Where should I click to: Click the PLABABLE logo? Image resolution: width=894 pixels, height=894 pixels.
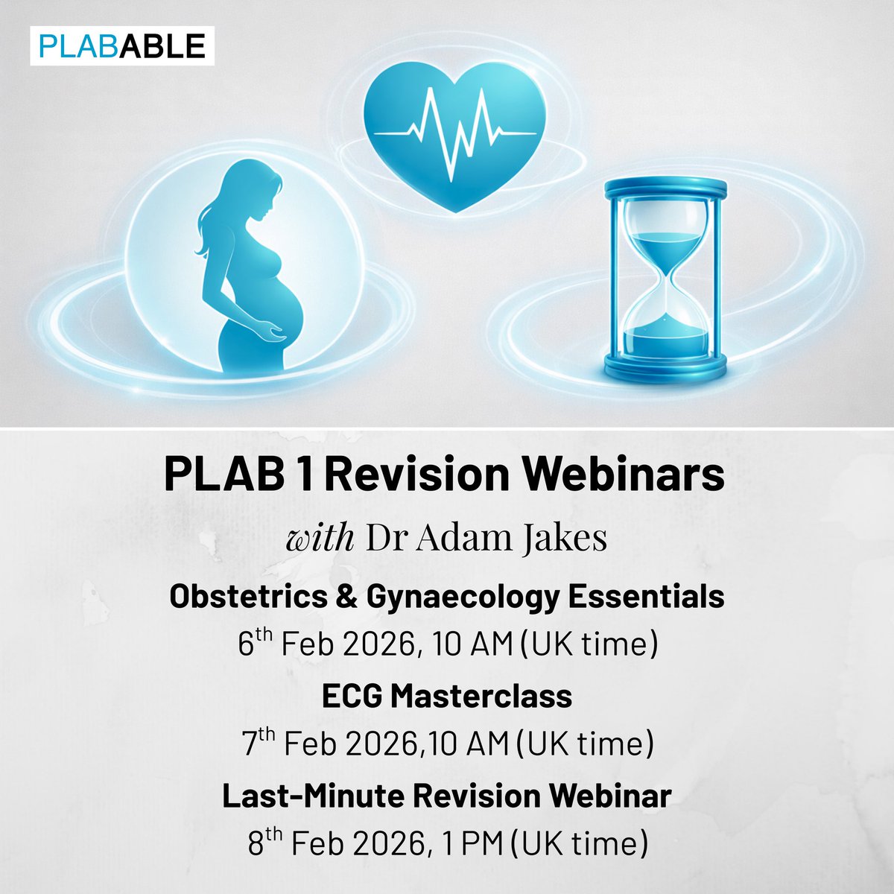(121, 46)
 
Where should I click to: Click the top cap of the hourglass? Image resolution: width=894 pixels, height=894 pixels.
(665, 187)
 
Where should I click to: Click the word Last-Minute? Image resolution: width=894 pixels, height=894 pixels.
(312, 796)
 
